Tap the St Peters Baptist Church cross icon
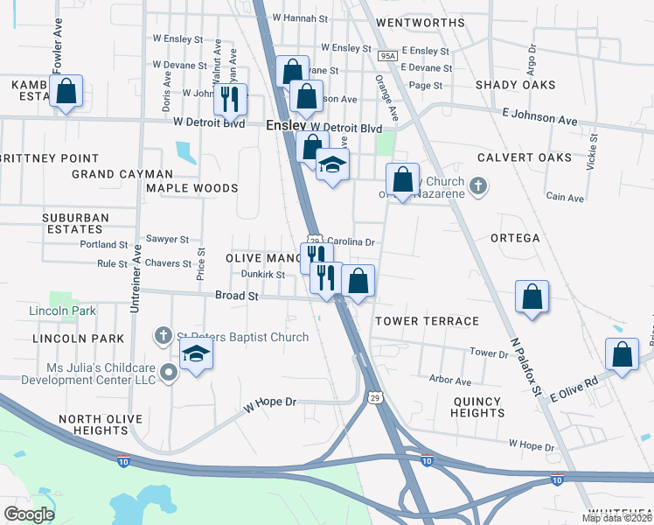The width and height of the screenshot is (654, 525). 163,335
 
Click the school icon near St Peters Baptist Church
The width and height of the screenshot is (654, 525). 196,355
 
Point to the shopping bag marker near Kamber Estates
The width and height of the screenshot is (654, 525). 66,91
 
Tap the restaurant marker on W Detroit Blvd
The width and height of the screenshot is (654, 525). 230,100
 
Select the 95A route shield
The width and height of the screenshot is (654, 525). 388,56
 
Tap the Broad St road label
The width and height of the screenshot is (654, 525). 236,297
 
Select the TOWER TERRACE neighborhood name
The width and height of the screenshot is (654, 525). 428,322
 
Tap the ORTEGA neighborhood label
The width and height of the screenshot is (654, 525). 515,238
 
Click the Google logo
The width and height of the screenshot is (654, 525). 30,514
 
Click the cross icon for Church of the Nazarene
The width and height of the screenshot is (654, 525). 477,185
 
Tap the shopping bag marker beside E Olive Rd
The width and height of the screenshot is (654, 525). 622,354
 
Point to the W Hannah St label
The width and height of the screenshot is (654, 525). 299,17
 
